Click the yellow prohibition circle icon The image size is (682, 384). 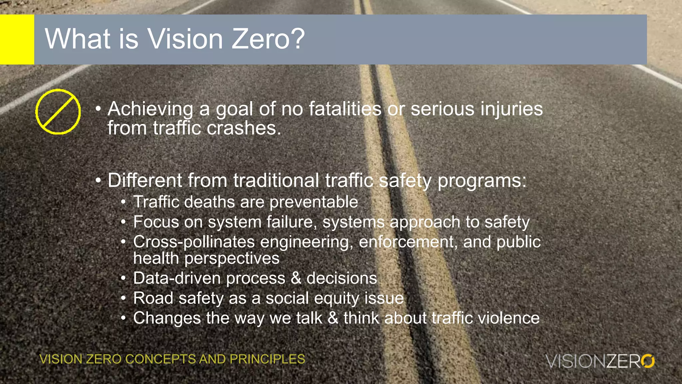(x=58, y=112)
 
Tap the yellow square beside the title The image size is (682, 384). (x=17, y=39)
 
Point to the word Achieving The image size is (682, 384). (x=150, y=109)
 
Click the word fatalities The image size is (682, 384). (x=345, y=109)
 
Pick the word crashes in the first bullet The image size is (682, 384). (x=244, y=128)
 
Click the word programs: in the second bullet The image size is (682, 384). (x=482, y=181)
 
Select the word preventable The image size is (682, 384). (x=314, y=202)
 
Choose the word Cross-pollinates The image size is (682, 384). (x=194, y=242)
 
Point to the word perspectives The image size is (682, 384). (x=232, y=258)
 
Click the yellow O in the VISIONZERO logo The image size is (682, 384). (x=648, y=361)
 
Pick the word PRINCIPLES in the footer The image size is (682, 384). (x=267, y=359)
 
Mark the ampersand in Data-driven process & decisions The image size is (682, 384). (x=296, y=278)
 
